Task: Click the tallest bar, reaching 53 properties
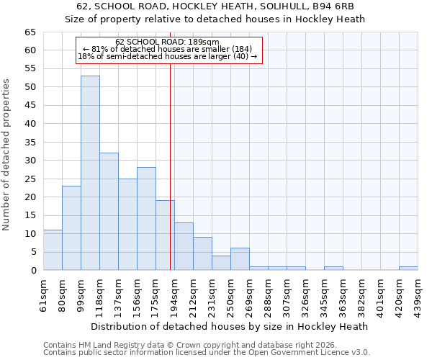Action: [90, 173]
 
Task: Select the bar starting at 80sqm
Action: [71, 228]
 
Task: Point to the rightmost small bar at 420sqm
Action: [408, 268]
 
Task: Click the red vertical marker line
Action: [171, 166]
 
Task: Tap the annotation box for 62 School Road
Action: [169, 50]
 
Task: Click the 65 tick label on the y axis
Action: [30, 32]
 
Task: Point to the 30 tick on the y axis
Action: [30, 161]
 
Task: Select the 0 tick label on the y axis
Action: [32, 271]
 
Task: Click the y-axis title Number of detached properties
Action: [7, 155]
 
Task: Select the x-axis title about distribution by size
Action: [230, 326]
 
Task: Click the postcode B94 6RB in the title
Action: [333, 7]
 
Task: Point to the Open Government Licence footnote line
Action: [207, 352]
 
